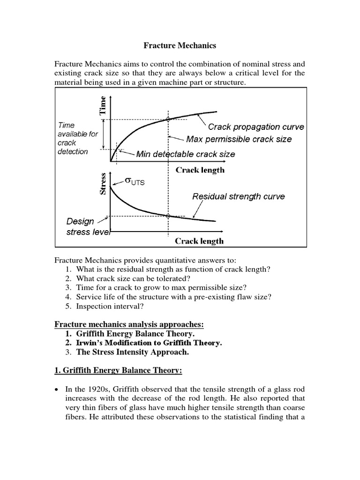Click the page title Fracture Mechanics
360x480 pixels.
[x=180, y=46]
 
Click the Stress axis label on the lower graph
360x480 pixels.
[x=104, y=185]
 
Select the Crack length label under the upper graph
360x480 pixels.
[x=200, y=170]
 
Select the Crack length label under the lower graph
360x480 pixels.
[x=199, y=241]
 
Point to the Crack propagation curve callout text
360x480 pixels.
[x=256, y=127]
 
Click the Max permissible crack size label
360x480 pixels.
[x=239, y=139]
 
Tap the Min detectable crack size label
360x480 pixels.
[x=186, y=154]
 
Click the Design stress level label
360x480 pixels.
[x=87, y=226]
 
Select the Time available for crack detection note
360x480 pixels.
[x=78, y=138]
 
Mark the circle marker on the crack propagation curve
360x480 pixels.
[x=168, y=120]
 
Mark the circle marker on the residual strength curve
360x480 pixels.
[x=168, y=216]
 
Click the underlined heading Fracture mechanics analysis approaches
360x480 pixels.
[x=129, y=324]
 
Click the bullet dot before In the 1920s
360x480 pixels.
[x=57, y=390]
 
